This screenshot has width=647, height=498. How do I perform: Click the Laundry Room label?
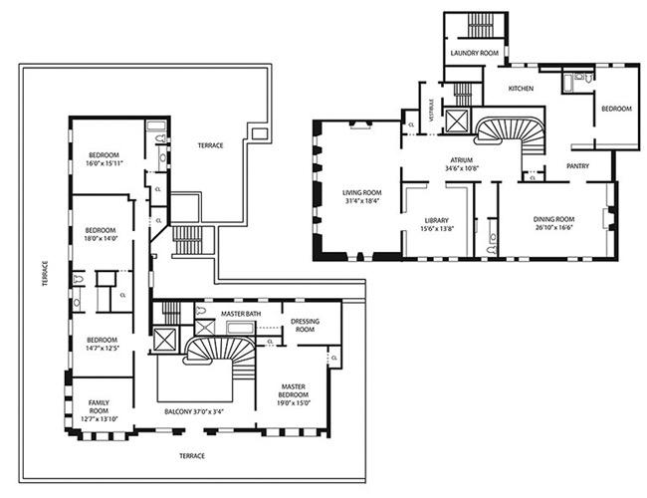pos(474,53)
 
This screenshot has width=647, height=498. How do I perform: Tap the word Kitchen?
pos(521,89)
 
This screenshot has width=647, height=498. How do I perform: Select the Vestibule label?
pos(431,109)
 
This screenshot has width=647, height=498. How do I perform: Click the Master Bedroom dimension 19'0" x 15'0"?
pos(293,396)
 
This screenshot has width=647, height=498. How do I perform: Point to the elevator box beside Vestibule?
pos(457,124)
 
